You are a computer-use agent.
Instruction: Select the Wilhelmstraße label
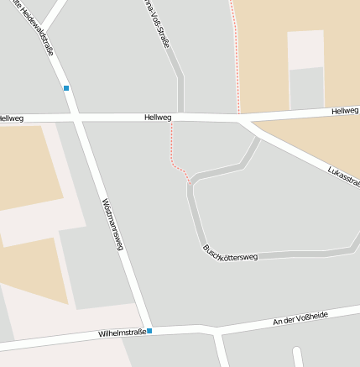point(122,333)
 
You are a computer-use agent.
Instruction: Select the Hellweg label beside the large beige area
point(344,111)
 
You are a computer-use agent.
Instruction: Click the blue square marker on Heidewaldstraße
point(66,87)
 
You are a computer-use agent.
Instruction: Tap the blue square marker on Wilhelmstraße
point(149,331)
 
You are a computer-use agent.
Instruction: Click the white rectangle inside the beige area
point(305,50)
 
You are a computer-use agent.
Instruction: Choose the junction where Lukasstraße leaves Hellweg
point(243,119)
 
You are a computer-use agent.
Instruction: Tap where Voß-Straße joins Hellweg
point(180,116)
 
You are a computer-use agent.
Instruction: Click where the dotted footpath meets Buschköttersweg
point(190,181)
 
